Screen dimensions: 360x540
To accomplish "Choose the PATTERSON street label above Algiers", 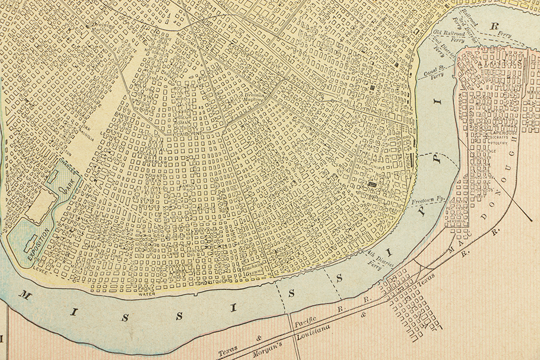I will pyautogui.click(x=491, y=49).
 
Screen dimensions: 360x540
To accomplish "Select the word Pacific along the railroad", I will pyautogui.click(x=303, y=321).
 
